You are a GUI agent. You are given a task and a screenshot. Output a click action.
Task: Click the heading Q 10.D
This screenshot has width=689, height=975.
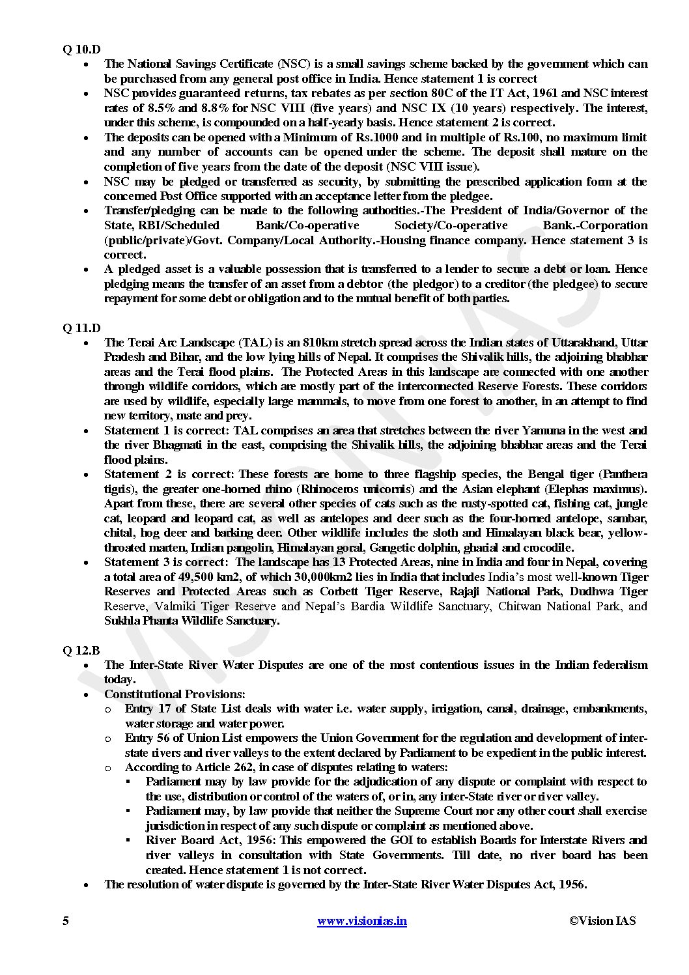coord(81,49)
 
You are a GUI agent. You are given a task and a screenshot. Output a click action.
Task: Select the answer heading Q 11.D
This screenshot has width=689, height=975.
coord(81,328)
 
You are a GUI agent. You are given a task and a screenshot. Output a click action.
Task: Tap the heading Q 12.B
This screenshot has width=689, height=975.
coord(81,651)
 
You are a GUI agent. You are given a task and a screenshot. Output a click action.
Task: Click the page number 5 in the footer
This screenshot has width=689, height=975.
coord(65,920)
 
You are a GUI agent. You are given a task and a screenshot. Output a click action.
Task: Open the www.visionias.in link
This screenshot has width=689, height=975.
coord(361,921)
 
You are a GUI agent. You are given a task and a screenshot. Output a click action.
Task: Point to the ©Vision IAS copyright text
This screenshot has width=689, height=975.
coord(602,920)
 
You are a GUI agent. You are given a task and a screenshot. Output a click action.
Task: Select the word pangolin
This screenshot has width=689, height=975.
coord(252,548)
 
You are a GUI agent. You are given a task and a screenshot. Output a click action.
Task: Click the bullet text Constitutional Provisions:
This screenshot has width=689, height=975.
coord(175,694)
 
